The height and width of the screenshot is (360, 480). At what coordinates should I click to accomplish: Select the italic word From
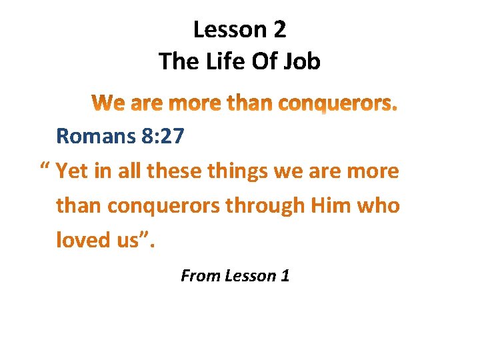pos(199,275)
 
